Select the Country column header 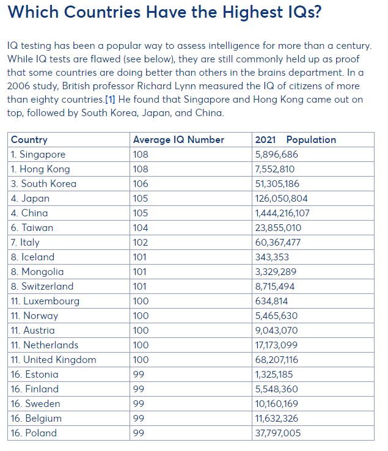(29, 139)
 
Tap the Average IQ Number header (178, 139)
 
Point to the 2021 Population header (295, 139)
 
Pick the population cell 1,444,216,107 (282, 213)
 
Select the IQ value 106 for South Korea (141, 183)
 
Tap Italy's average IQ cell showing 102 (141, 242)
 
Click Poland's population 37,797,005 (277, 433)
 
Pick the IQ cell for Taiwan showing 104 (141, 227)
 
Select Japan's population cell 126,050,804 (281, 198)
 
